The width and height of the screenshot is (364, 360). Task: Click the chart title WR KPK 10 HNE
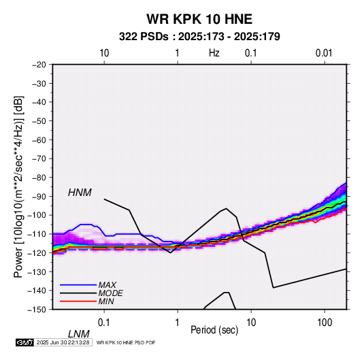[199, 19]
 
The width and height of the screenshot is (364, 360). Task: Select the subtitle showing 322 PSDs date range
[199, 37]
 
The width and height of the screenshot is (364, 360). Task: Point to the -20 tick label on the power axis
[39, 65]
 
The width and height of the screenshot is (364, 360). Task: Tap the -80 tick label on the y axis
[39, 178]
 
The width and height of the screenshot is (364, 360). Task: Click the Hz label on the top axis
[214, 53]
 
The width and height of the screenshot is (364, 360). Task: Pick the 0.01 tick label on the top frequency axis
[324, 53]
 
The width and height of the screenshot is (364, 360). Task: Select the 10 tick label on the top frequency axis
[104, 53]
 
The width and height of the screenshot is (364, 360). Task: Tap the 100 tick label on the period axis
[325, 323]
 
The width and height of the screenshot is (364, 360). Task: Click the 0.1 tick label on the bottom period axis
[103, 323]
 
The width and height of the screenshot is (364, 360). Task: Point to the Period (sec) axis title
[214, 330]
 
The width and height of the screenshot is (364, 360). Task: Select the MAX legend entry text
[107, 285]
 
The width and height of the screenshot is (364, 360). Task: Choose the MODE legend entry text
[110, 293]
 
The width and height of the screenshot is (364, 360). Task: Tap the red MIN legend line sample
[78, 301]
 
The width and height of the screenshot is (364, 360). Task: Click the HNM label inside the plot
[80, 193]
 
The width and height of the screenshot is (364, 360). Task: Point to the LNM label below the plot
[79, 334]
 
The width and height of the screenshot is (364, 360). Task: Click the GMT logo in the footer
[25, 342]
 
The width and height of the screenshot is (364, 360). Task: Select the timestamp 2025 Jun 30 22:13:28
[63, 342]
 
